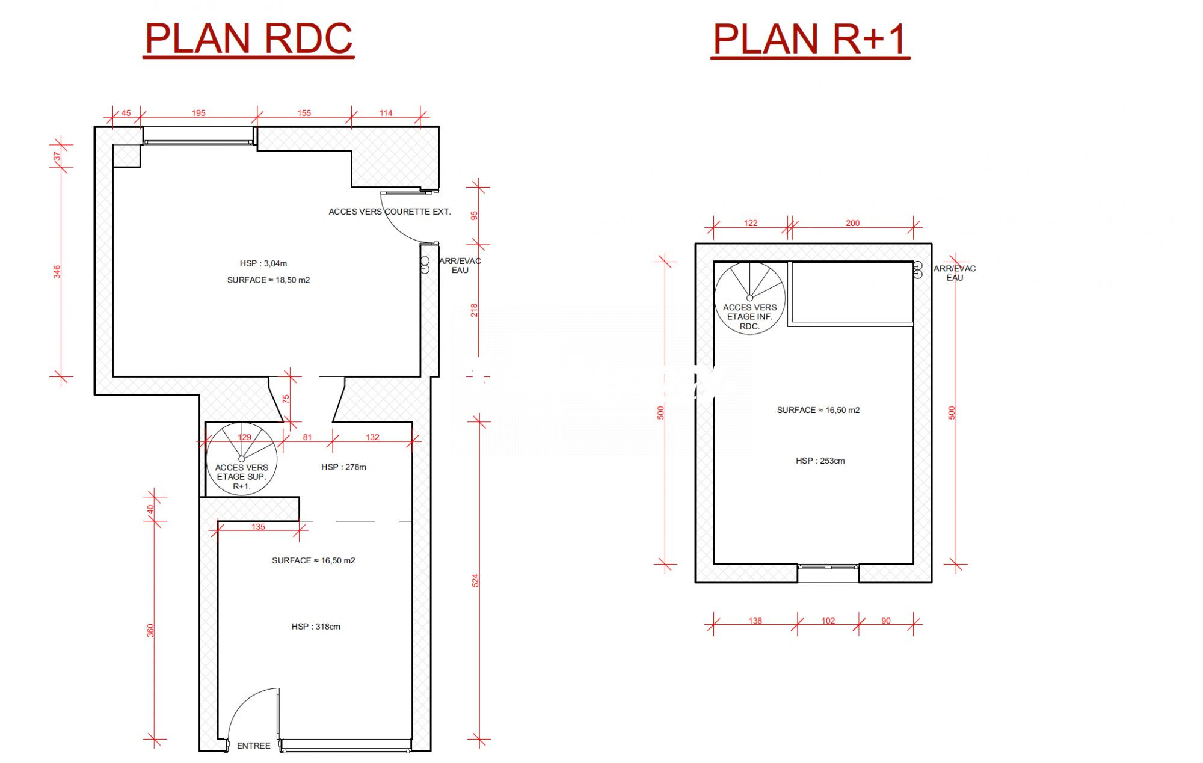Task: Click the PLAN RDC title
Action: (x=248, y=39)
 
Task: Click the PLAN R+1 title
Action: (x=810, y=39)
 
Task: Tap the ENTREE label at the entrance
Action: (x=254, y=746)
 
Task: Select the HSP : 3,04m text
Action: (x=263, y=263)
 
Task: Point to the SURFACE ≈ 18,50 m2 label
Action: (x=268, y=280)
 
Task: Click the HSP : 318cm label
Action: (x=316, y=627)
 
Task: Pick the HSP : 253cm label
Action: (x=820, y=461)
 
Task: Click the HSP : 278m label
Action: (x=343, y=467)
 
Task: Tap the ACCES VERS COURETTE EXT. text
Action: (x=390, y=212)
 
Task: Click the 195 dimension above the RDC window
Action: (x=198, y=113)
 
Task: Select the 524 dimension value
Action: (x=475, y=580)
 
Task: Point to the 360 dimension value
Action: (x=150, y=630)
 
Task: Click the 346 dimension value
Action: (x=57, y=272)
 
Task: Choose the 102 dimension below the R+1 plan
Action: (x=828, y=621)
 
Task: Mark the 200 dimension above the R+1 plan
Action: (x=853, y=223)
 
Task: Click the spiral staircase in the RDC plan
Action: (x=242, y=459)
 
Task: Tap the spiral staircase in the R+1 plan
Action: (x=750, y=298)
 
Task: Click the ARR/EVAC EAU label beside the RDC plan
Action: (x=460, y=266)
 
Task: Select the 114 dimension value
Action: (x=386, y=113)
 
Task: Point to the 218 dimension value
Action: (x=475, y=310)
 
